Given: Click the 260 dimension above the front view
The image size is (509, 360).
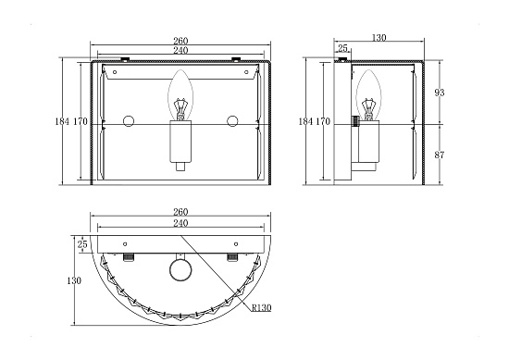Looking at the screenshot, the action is click(x=180, y=41).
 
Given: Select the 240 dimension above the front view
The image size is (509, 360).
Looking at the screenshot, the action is click(x=180, y=50).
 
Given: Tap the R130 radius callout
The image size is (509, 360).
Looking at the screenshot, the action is click(x=261, y=307).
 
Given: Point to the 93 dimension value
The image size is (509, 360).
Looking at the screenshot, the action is click(x=440, y=93).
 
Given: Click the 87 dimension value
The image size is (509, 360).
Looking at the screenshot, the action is click(x=440, y=155).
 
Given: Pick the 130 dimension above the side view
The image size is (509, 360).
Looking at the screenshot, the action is click(x=379, y=38).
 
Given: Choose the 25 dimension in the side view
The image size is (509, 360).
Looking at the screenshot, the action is click(x=342, y=48).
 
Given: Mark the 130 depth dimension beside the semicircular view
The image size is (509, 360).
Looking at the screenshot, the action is click(x=74, y=280).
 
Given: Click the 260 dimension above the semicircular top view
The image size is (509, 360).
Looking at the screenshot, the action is click(x=180, y=212).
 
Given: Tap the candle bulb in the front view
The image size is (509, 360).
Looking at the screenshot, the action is click(x=180, y=95).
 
